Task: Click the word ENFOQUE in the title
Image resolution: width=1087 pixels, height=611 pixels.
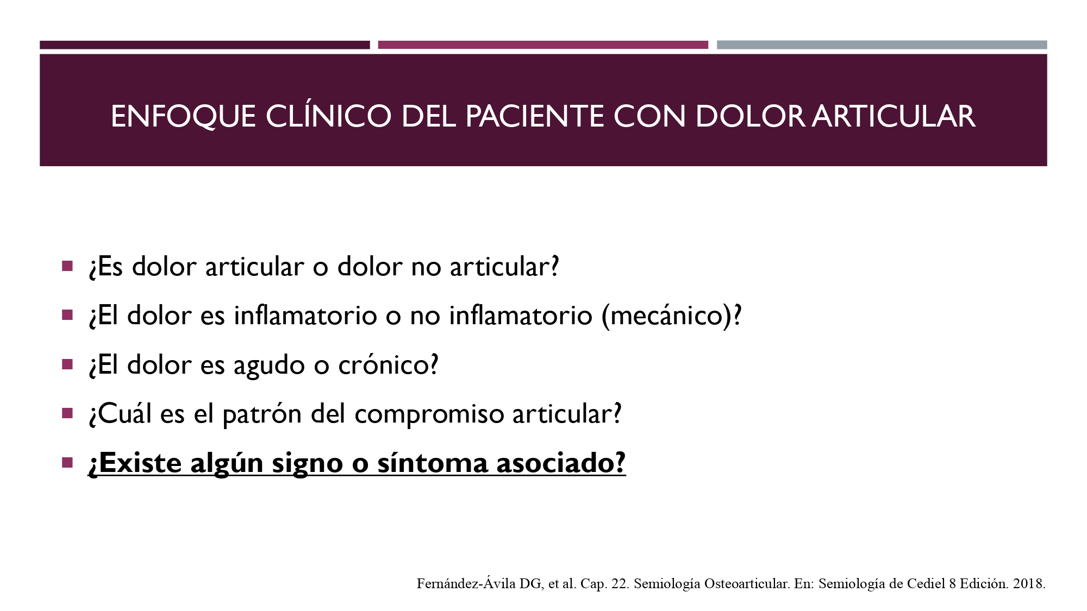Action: coord(183,117)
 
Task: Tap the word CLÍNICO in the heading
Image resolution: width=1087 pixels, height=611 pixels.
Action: coord(328,116)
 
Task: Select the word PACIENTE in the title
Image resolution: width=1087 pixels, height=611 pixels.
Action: coord(534,116)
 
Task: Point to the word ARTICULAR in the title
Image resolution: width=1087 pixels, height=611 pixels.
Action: coord(894,116)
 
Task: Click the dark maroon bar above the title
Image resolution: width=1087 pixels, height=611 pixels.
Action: coord(205,45)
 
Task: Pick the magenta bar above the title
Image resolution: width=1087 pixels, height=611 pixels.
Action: coord(543,45)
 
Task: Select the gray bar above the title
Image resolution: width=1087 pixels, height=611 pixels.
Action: coord(882,45)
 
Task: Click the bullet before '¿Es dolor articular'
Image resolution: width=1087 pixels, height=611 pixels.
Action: coord(67,266)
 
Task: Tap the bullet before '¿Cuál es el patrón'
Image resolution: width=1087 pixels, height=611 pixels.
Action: coord(67,413)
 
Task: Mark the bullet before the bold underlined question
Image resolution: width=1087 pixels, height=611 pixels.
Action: coord(67,463)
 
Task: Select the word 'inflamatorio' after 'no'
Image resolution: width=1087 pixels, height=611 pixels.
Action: coord(521,316)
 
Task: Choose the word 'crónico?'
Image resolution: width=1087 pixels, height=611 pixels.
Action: coord(388,364)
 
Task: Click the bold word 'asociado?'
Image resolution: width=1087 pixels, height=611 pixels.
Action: coord(561,463)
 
